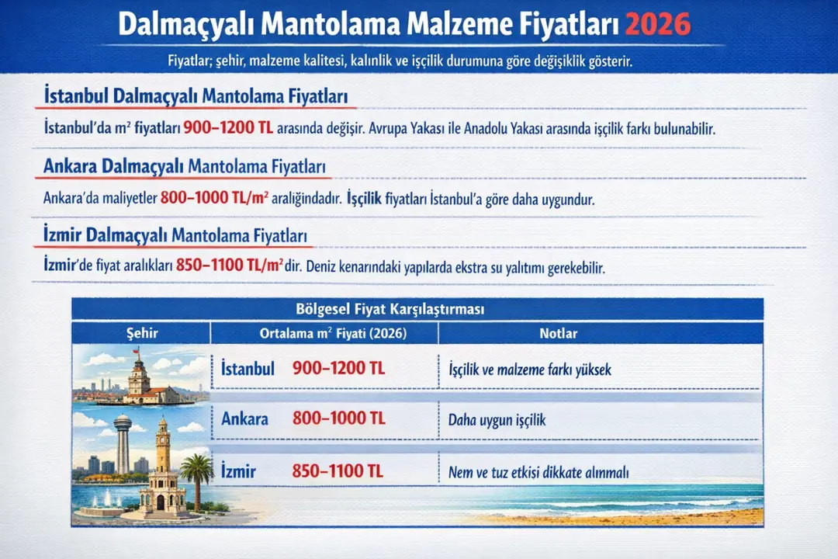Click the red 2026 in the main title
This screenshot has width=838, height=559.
[656, 25]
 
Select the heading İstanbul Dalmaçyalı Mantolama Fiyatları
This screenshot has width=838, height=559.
[197, 97]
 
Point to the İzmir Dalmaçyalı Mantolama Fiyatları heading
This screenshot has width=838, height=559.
[175, 234]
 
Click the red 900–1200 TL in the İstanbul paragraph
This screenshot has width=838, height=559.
[228, 129]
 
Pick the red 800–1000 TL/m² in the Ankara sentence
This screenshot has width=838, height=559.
[214, 198]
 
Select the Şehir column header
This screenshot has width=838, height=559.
[141, 333]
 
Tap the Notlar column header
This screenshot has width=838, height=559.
[558, 333]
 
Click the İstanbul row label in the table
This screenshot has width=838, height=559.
[248, 369]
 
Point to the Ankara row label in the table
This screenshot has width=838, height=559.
[244, 419]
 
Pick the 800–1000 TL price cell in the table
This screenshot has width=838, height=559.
[338, 419]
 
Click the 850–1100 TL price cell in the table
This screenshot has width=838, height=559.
[338, 470]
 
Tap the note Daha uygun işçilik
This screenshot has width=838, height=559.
[497, 420]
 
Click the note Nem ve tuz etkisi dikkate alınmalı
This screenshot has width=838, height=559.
[538, 472]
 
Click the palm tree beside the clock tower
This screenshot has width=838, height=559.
[197, 474]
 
